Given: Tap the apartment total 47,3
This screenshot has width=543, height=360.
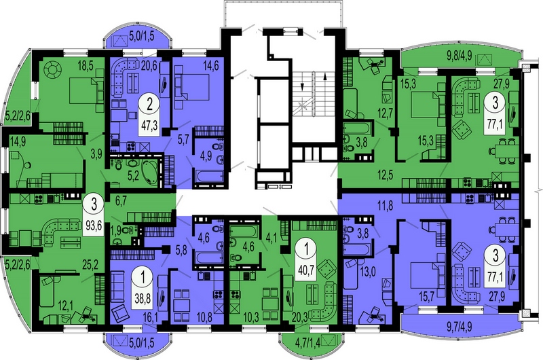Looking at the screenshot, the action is click(149, 125).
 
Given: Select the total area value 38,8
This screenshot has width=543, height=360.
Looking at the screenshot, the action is click(142, 298).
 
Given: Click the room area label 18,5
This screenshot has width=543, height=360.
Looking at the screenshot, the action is click(83, 65).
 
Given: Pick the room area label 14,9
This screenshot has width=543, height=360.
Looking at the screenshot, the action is click(18, 141).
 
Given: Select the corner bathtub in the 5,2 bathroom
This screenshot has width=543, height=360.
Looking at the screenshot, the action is click(149, 172).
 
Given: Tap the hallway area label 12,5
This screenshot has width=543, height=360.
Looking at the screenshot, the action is click(386, 175).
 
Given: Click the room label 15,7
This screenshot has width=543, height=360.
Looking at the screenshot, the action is click(428, 295).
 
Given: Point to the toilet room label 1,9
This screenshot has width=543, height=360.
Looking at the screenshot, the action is click(115, 230).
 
